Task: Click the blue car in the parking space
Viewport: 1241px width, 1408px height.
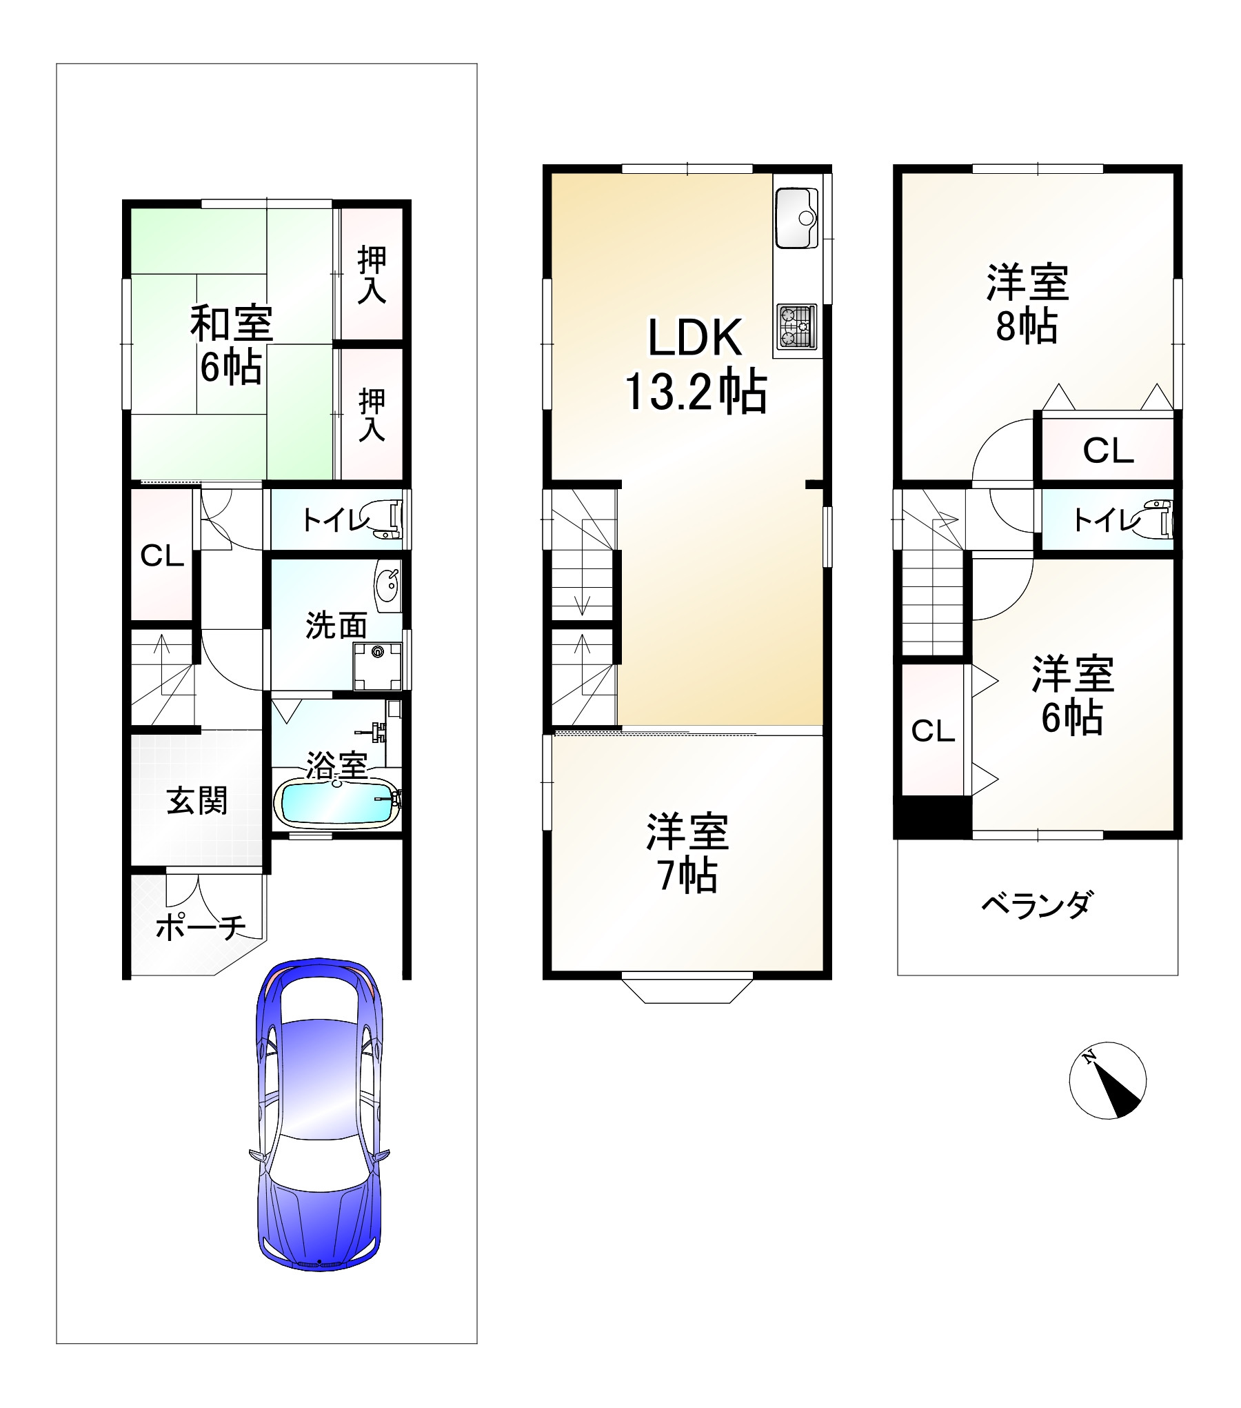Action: pyautogui.click(x=319, y=1123)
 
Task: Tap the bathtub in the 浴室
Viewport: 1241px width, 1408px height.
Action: pyautogui.click(x=336, y=802)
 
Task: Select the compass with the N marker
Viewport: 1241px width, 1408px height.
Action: pyautogui.click(x=1107, y=1080)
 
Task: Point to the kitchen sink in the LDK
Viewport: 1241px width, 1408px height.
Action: pyautogui.click(x=796, y=217)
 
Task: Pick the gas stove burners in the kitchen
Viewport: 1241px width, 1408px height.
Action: pyautogui.click(x=797, y=326)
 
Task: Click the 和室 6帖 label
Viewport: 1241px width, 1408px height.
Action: pyautogui.click(x=232, y=344)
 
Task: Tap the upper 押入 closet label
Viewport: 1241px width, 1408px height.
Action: pyautogui.click(x=372, y=275)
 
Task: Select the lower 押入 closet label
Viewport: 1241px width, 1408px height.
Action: pyautogui.click(x=372, y=415)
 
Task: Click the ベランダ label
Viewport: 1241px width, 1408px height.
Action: pyautogui.click(x=1036, y=903)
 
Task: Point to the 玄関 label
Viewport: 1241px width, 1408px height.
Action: pyautogui.click(x=197, y=801)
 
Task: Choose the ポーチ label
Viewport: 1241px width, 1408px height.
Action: pyautogui.click(x=201, y=928)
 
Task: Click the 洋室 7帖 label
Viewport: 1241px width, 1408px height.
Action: pyautogui.click(x=687, y=853)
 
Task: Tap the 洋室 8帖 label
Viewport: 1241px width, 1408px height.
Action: pyautogui.click(x=1027, y=304)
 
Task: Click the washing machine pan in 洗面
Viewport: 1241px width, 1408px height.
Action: pyautogui.click(x=377, y=666)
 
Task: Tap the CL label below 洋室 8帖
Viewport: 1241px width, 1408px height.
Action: pyautogui.click(x=1108, y=451)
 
